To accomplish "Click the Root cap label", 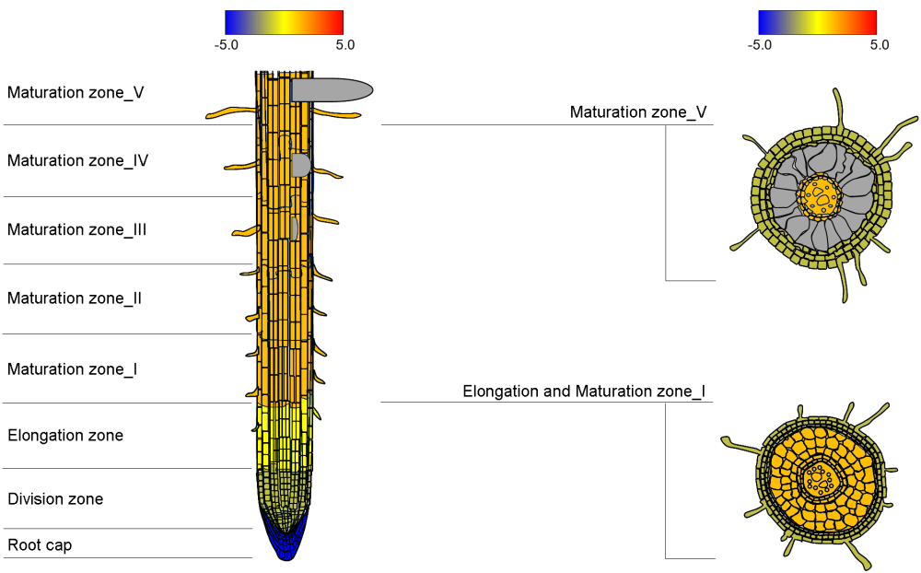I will (40, 545).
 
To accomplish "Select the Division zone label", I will (55, 499).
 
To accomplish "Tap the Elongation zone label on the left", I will (65, 435).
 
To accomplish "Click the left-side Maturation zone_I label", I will (73, 369).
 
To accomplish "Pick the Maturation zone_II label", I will (75, 298).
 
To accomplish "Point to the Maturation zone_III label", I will (77, 229).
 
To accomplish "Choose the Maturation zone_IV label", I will (78, 160).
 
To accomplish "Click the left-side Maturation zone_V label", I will (76, 92).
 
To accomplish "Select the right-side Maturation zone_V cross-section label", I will (638, 112).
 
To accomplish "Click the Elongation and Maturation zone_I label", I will (584, 392).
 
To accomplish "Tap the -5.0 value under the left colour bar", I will (227, 44).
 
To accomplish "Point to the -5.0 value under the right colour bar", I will (760, 44).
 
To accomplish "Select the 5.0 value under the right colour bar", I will (879, 44).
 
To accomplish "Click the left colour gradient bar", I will (284, 22).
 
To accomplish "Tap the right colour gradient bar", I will (817, 22).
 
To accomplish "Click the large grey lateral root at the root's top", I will (332, 89).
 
